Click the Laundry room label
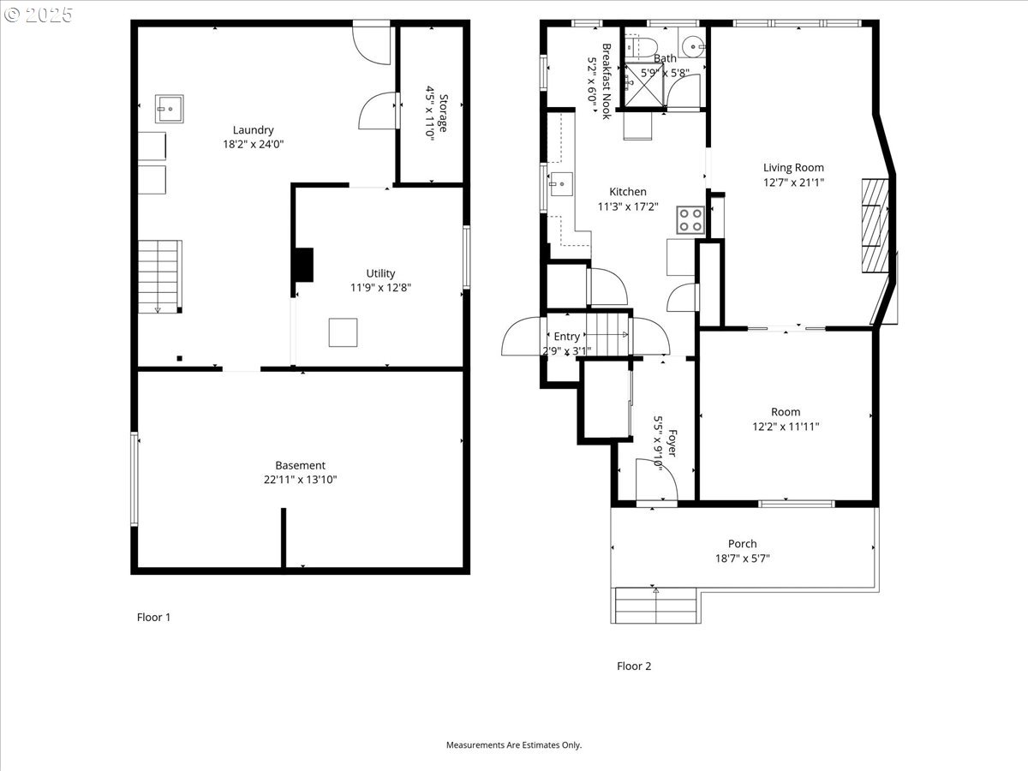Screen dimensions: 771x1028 [x=252, y=130]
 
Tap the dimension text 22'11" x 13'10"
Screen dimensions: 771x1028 [x=300, y=480]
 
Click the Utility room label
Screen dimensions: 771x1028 [x=380, y=273]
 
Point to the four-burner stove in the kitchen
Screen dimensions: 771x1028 [x=691, y=220]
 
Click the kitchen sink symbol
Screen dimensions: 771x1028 [x=562, y=182]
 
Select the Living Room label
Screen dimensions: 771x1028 [x=793, y=168]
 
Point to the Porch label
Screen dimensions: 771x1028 [x=742, y=543]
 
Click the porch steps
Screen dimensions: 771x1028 [x=655, y=606]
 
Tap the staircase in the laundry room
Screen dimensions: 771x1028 [x=160, y=276]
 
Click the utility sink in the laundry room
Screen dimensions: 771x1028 [x=170, y=109]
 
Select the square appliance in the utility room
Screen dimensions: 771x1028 [x=344, y=332]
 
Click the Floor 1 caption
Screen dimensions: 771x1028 [x=154, y=617]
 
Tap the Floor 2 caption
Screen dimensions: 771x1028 [x=634, y=666]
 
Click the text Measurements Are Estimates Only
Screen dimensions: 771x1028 [x=513, y=744]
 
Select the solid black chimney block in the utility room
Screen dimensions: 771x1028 [x=303, y=265]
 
